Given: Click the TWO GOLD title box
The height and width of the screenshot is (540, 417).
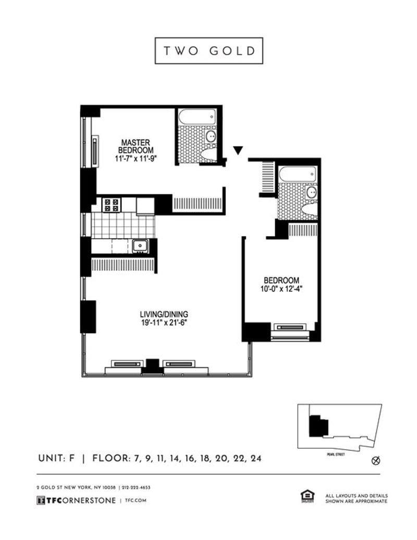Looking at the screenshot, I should point(208,51).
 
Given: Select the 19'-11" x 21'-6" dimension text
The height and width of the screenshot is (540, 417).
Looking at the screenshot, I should point(164,322).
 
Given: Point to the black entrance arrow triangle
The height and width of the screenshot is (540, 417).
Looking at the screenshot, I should point(238,151).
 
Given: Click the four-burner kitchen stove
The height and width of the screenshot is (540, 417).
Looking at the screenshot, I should point(111,204).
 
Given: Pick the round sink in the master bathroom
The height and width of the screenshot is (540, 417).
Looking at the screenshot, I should point(212,137).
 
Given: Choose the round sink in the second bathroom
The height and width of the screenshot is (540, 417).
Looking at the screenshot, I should point(311,193).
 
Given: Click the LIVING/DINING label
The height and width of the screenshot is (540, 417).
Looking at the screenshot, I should point(164,314).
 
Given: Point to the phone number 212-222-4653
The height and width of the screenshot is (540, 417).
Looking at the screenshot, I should point(137,487).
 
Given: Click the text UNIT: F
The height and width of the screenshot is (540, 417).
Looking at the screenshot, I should point(57,459).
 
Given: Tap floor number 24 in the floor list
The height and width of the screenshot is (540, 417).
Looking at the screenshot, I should point(255,459).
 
